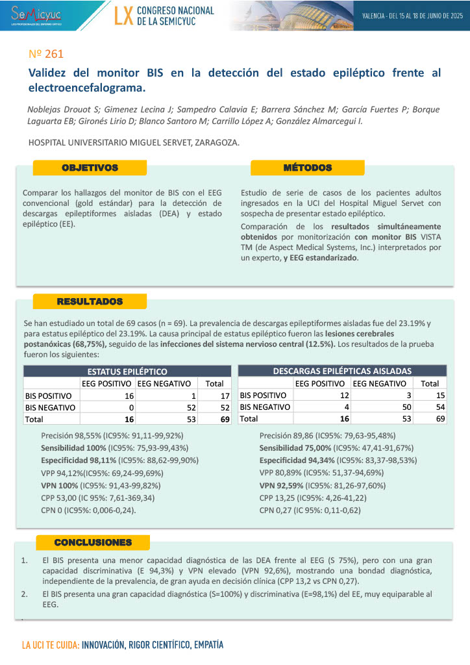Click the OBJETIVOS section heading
pos(90,168)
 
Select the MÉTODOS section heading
pos(307,168)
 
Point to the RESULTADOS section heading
pos(90,302)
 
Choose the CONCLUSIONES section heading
pos(93,542)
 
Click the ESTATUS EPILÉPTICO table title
pos(127,371)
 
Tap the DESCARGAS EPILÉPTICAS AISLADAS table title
pos(342,371)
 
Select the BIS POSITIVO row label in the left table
pos(49,395)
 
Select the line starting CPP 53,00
pos(98,497)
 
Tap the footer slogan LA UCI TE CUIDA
pos(51,646)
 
